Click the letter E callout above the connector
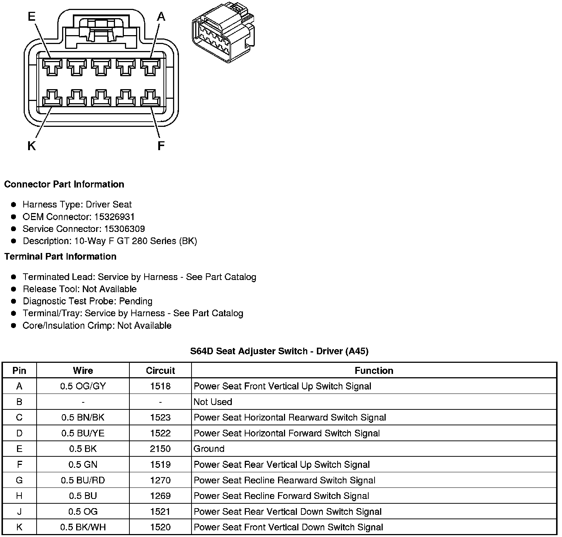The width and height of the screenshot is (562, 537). tap(31, 17)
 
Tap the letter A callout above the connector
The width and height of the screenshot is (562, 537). tap(161, 17)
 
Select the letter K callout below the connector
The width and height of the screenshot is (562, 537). tap(31, 146)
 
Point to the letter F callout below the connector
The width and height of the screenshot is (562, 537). tap(161, 146)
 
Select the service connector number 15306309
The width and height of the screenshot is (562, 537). tap(124, 229)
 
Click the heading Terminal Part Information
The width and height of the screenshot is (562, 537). tap(60, 257)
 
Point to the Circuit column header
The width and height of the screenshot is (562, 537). tap(160, 371)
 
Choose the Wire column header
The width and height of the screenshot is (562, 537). tap(83, 371)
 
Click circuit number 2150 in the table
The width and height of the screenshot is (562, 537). tap(160, 449)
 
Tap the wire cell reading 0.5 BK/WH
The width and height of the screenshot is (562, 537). tap(83, 527)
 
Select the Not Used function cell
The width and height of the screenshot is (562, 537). tap(213, 402)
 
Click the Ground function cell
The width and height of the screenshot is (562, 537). tap(209, 449)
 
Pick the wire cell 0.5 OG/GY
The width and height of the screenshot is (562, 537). tap(83, 386)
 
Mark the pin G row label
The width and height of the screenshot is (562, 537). tap(19, 480)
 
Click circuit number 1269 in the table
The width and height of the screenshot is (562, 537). tap(160, 496)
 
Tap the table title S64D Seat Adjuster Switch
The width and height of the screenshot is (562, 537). tap(279, 351)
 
